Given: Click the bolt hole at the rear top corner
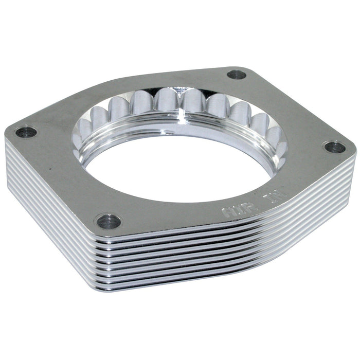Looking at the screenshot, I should pos(237,74).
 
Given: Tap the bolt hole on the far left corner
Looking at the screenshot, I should pos(26,132).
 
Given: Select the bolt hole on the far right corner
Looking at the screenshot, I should pos(334,147).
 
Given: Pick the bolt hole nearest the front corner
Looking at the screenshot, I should pos(109,222).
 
